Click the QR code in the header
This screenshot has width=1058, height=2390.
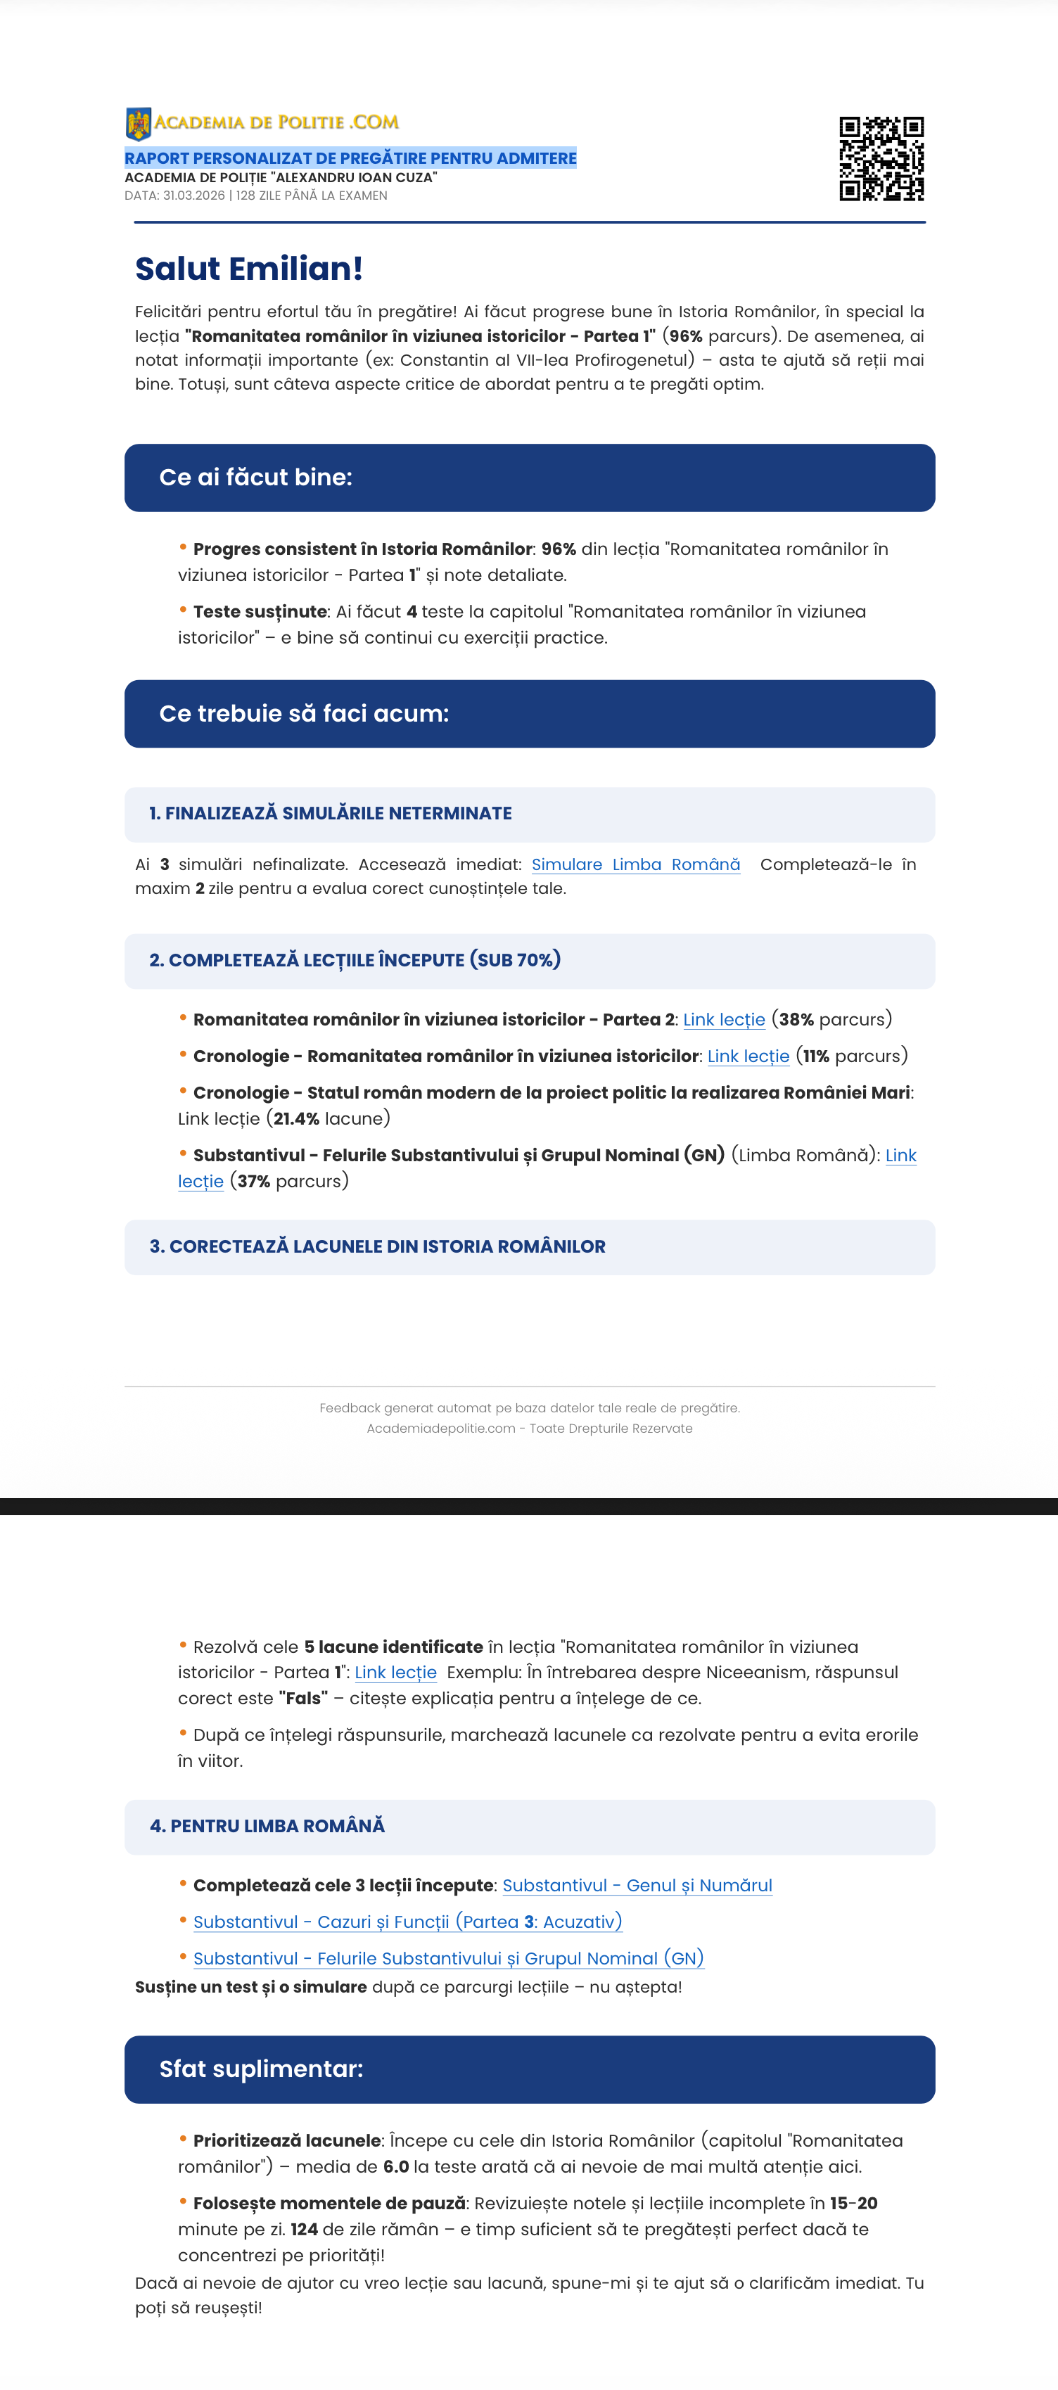tap(881, 159)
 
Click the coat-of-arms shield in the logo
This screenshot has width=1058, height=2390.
tap(139, 123)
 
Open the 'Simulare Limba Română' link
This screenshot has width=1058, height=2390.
tap(636, 864)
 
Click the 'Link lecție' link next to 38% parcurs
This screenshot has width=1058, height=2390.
tap(724, 1020)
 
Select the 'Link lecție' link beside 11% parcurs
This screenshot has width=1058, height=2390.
tap(748, 1056)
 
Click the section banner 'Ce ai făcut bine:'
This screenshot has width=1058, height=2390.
tap(529, 478)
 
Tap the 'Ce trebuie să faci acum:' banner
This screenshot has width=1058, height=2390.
tap(529, 713)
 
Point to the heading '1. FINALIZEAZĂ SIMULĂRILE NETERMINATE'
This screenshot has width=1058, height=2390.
tap(331, 814)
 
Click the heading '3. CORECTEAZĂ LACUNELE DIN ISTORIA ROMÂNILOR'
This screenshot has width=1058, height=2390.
tap(378, 1247)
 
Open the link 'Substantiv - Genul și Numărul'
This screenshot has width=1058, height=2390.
tap(637, 1885)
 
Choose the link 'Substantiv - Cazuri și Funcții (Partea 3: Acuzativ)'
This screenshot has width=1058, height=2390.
tap(407, 1922)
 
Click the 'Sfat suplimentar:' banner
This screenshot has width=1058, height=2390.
tap(529, 2069)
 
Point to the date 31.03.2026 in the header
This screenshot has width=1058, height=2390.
tap(194, 196)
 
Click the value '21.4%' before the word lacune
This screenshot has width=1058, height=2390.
tap(296, 1119)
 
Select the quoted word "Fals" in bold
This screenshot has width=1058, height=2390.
tap(302, 1698)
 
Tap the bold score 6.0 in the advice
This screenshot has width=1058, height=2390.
tap(396, 2166)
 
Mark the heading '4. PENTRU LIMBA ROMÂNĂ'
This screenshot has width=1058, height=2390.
tap(267, 1826)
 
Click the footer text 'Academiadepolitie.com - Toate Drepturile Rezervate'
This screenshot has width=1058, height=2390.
tap(529, 1429)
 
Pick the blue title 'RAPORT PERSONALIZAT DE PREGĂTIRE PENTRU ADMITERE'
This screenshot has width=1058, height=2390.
tap(351, 159)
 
